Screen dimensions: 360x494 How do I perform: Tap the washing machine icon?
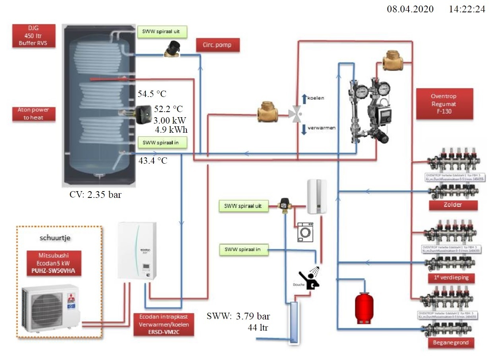(305, 232)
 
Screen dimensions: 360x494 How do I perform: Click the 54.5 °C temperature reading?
(152, 94)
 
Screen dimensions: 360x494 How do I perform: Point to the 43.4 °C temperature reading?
(153, 161)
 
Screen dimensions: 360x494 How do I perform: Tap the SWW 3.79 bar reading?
(238, 316)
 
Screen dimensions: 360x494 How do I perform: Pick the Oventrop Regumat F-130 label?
(444, 103)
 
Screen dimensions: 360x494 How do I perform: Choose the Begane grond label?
(451, 342)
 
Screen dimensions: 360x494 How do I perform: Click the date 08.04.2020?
(411, 9)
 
